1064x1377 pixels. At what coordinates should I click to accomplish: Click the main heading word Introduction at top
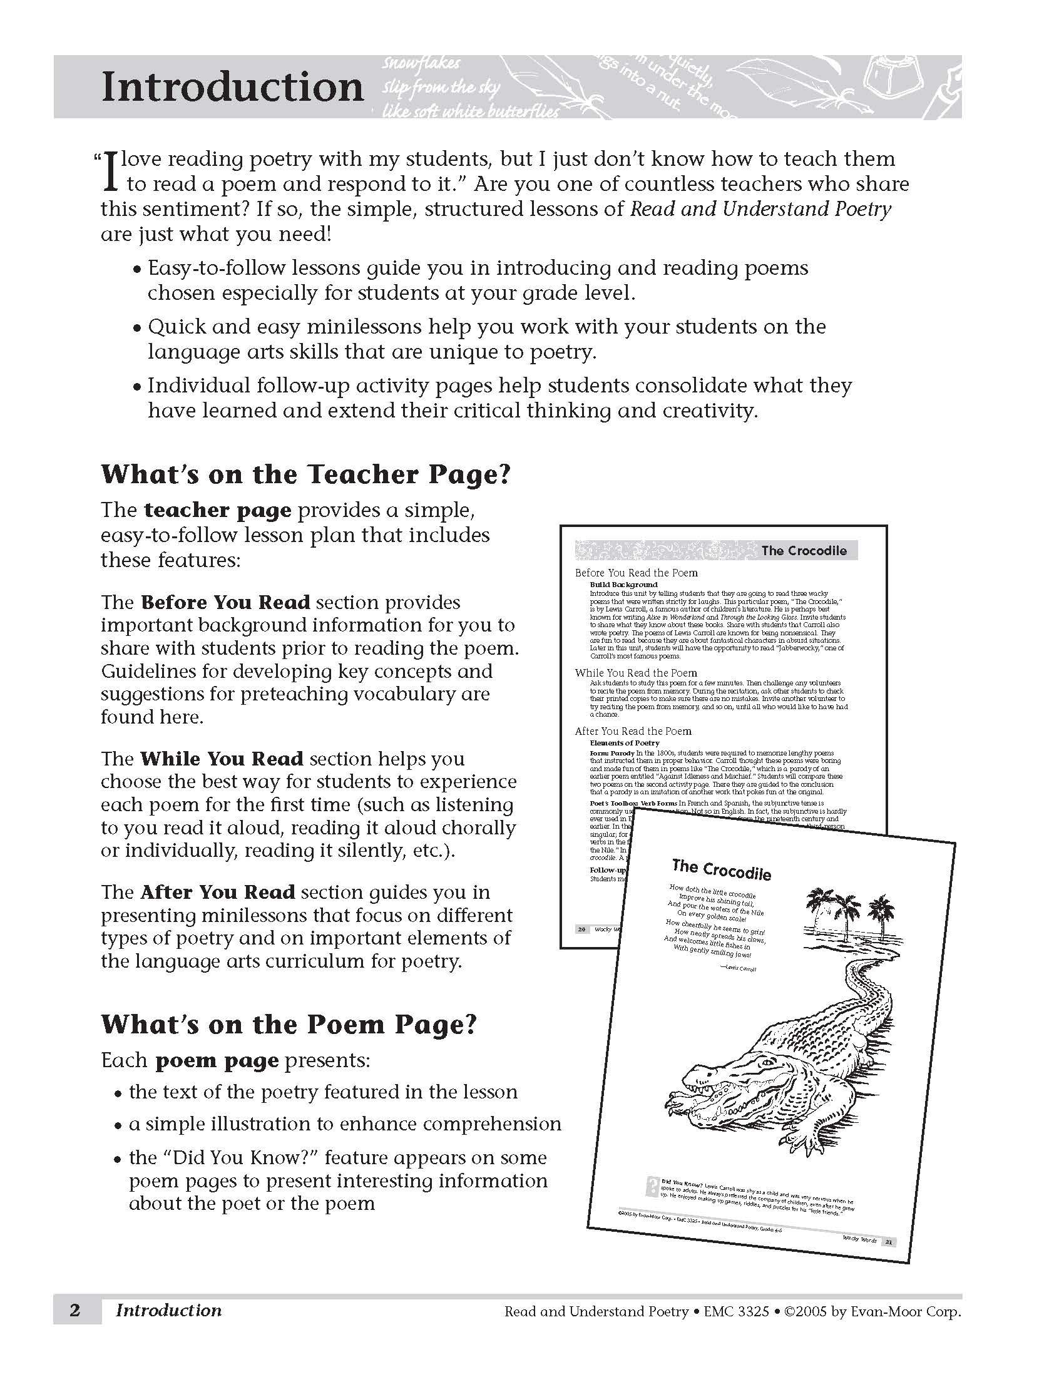(233, 87)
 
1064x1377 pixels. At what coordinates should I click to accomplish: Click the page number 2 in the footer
(75, 1311)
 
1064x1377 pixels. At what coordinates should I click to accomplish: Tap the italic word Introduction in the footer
(168, 1311)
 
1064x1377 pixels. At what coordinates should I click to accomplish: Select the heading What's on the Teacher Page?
(305, 475)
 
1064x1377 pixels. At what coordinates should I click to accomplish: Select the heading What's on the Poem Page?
(289, 1024)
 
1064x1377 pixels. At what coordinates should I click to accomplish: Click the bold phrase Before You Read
(226, 602)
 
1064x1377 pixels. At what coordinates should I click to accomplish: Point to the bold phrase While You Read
(222, 759)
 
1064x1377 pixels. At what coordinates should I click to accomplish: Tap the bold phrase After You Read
(218, 892)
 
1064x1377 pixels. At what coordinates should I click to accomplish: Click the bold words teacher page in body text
(217, 510)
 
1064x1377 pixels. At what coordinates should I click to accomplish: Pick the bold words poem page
(217, 1060)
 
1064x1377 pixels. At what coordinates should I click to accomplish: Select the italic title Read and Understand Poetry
(761, 209)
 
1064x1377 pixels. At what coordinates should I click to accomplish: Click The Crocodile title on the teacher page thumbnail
(804, 550)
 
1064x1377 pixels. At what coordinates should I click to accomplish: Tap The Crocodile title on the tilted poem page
(721, 870)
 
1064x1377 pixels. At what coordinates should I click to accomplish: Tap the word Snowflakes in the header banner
(421, 64)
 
